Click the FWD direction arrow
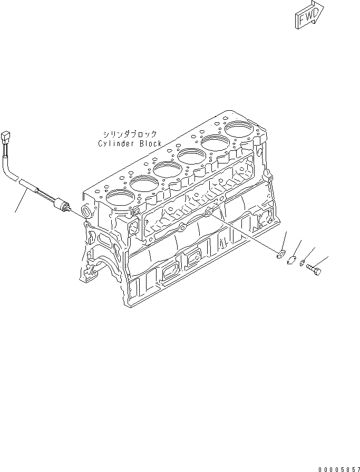(308, 15)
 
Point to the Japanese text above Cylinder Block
(129, 135)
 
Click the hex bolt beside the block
(314, 268)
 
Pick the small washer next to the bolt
(302, 263)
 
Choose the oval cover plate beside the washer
(291, 259)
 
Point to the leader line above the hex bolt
(322, 261)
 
